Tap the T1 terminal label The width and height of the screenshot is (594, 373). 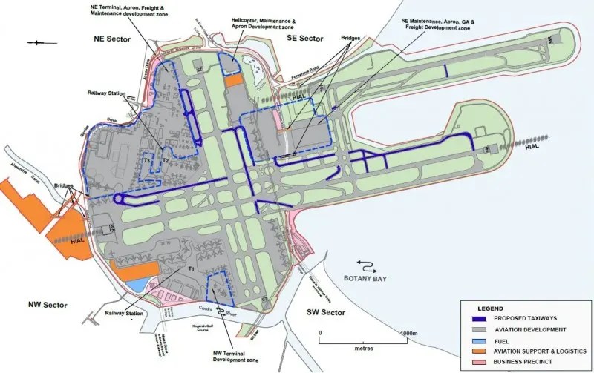[192, 268]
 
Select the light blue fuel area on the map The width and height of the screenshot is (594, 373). [137, 285]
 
